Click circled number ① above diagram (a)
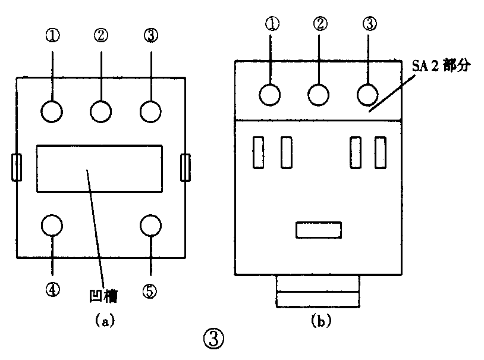(53, 36)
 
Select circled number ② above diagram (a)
(101, 36)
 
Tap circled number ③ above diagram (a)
(150, 36)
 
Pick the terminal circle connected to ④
(52, 225)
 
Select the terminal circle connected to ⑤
(150, 225)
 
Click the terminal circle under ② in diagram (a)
(100, 111)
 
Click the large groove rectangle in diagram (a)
(99, 168)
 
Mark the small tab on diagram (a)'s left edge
(17, 167)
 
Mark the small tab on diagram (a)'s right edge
(186, 167)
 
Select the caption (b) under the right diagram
(321, 321)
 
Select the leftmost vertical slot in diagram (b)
(259, 152)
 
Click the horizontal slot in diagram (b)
(319, 230)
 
